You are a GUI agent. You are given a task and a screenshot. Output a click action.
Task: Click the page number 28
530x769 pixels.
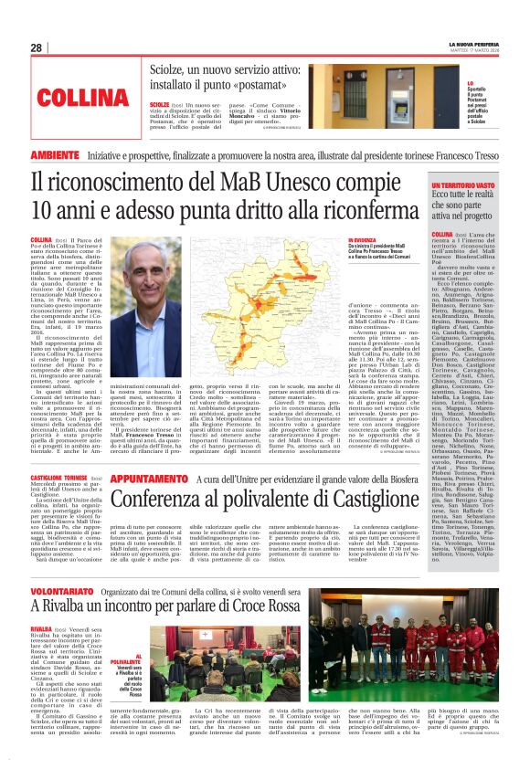[36, 47]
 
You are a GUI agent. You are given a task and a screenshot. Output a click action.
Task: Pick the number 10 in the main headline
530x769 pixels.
[42, 213]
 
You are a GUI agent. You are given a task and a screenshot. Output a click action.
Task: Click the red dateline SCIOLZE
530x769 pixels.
[162, 105]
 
